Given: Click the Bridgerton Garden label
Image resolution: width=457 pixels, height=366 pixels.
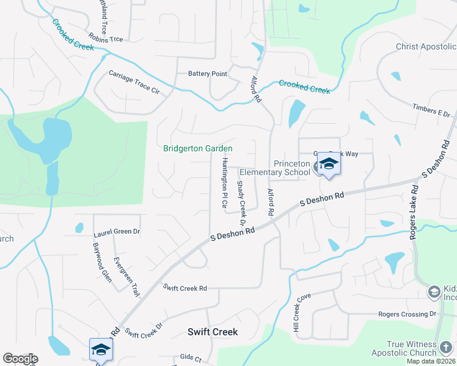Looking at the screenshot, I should coord(197,148).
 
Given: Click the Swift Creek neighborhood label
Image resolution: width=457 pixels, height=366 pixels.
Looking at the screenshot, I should coord(212,332).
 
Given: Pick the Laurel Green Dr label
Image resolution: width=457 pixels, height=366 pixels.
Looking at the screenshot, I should coord(117,232).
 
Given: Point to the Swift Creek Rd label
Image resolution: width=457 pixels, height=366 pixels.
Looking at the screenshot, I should coord(185,287).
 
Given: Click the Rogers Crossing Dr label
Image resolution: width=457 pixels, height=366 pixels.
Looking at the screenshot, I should coord(408,314).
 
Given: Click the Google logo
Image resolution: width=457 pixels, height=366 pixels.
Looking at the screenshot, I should coord(20,359).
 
